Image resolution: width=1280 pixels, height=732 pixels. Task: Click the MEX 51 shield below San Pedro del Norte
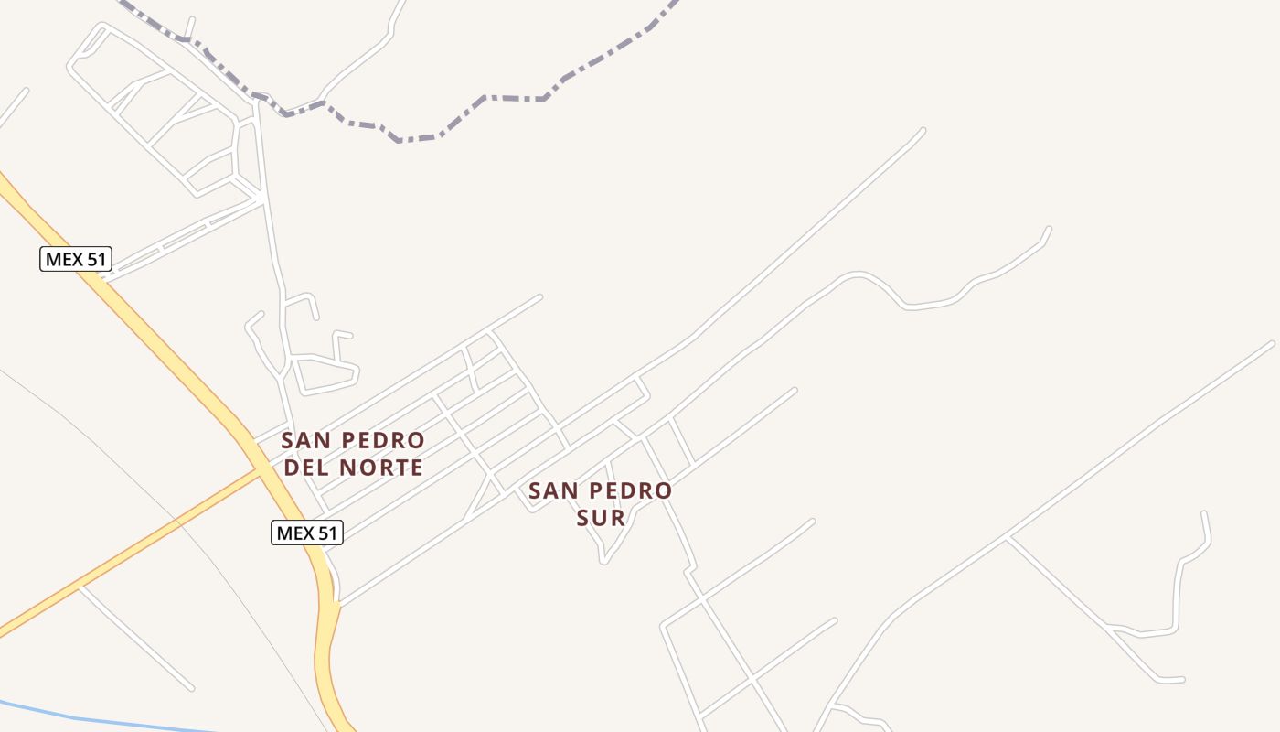307,533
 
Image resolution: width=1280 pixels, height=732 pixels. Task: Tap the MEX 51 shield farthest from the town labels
76,259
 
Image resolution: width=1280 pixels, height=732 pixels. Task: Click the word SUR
601,518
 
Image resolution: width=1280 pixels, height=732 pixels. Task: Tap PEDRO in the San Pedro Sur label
631,491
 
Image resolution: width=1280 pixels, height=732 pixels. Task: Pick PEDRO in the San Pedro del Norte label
384,441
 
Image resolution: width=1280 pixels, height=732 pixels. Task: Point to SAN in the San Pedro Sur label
551,491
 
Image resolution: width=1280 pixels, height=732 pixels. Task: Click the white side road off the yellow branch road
137,638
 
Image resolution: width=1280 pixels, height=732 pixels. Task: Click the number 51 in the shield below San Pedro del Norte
325,533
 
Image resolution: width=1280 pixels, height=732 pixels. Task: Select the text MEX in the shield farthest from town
64,259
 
